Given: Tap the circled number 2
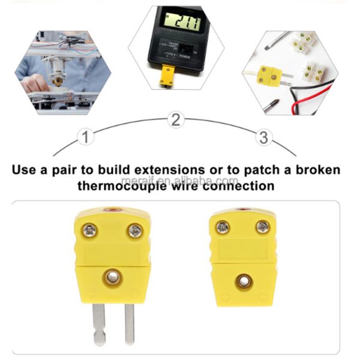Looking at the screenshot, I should pyautogui.click(x=175, y=119).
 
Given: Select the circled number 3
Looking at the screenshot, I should pyautogui.click(x=263, y=137).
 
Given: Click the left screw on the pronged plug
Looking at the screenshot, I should pyautogui.click(x=90, y=230).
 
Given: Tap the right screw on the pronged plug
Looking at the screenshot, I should pyautogui.click(x=136, y=230).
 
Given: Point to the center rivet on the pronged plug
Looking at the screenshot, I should pyautogui.click(x=112, y=276).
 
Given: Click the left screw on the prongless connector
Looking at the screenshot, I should pyautogui.click(x=223, y=227).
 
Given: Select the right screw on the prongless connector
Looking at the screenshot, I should pyautogui.click(x=263, y=226).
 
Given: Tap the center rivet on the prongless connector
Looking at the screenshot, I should pyautogui.click(x=243, y=280).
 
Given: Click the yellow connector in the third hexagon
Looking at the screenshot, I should pyautogui.click(x=269, y=75).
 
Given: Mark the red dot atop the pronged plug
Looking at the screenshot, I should pyautogui.click(x=113, y=211).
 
